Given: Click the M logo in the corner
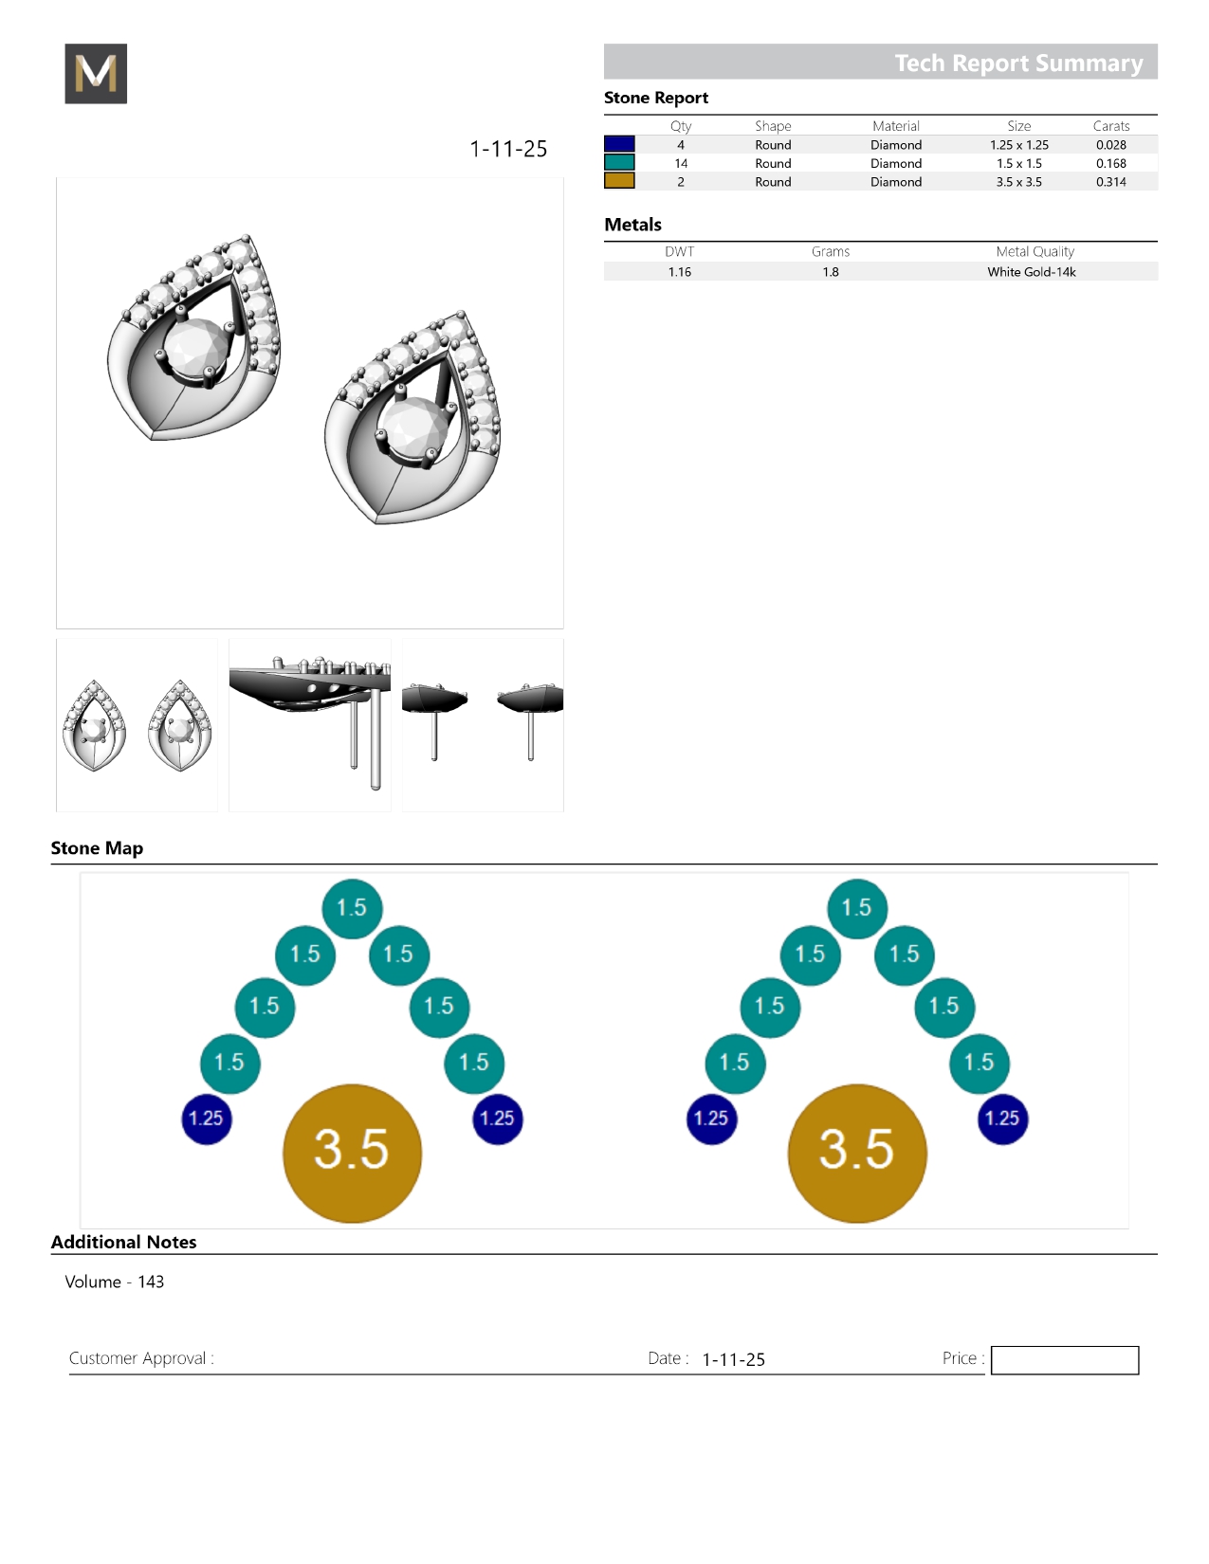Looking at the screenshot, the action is pos(96,73).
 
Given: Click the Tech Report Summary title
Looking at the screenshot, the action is pos(1018,63).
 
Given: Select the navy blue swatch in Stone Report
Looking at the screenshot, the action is pos(619,144).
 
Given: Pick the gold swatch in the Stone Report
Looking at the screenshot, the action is pos(619,181).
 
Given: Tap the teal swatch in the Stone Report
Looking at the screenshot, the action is pos(619,163).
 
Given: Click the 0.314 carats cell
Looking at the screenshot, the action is pos(1110,182).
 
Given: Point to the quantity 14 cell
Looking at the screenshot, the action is pos(681,163).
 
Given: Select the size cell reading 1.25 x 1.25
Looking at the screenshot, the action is pos(1019,145).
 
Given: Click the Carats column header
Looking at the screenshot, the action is pos(1111,126).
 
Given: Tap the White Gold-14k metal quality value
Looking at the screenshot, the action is pos(1031,272).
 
